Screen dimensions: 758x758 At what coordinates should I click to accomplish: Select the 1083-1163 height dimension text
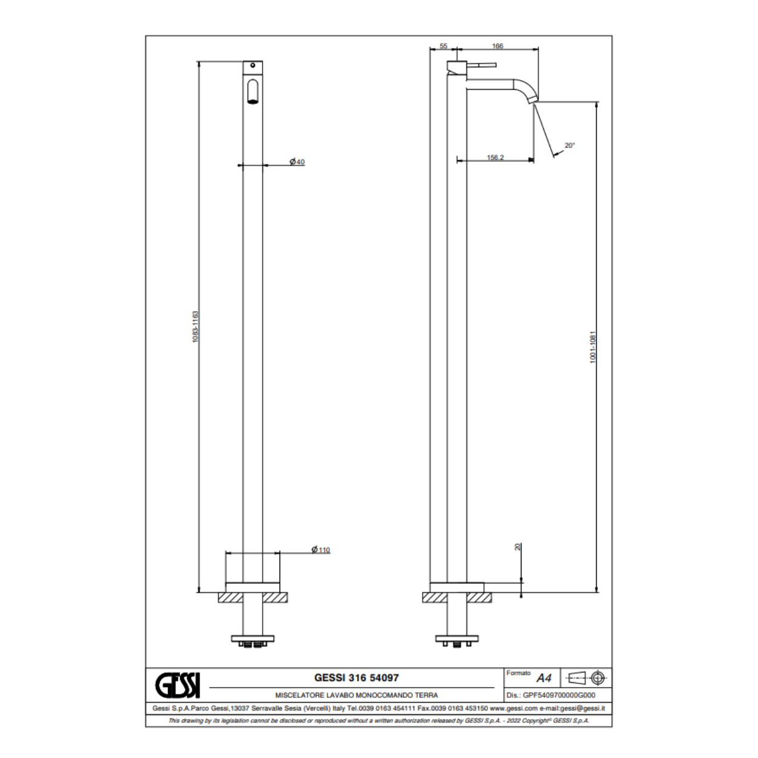195,326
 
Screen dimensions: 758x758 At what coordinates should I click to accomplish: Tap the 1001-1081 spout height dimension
593,347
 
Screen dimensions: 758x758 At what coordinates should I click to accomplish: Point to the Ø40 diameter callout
297,162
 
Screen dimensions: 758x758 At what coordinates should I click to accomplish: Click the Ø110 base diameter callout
321,549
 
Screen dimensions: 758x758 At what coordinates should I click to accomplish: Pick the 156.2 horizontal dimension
495,157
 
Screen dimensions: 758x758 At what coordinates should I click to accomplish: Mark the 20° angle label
569,146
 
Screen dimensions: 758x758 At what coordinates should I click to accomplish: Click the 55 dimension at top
443,46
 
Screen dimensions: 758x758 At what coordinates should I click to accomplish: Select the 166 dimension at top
498,46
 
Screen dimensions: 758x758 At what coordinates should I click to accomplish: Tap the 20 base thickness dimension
518,547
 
